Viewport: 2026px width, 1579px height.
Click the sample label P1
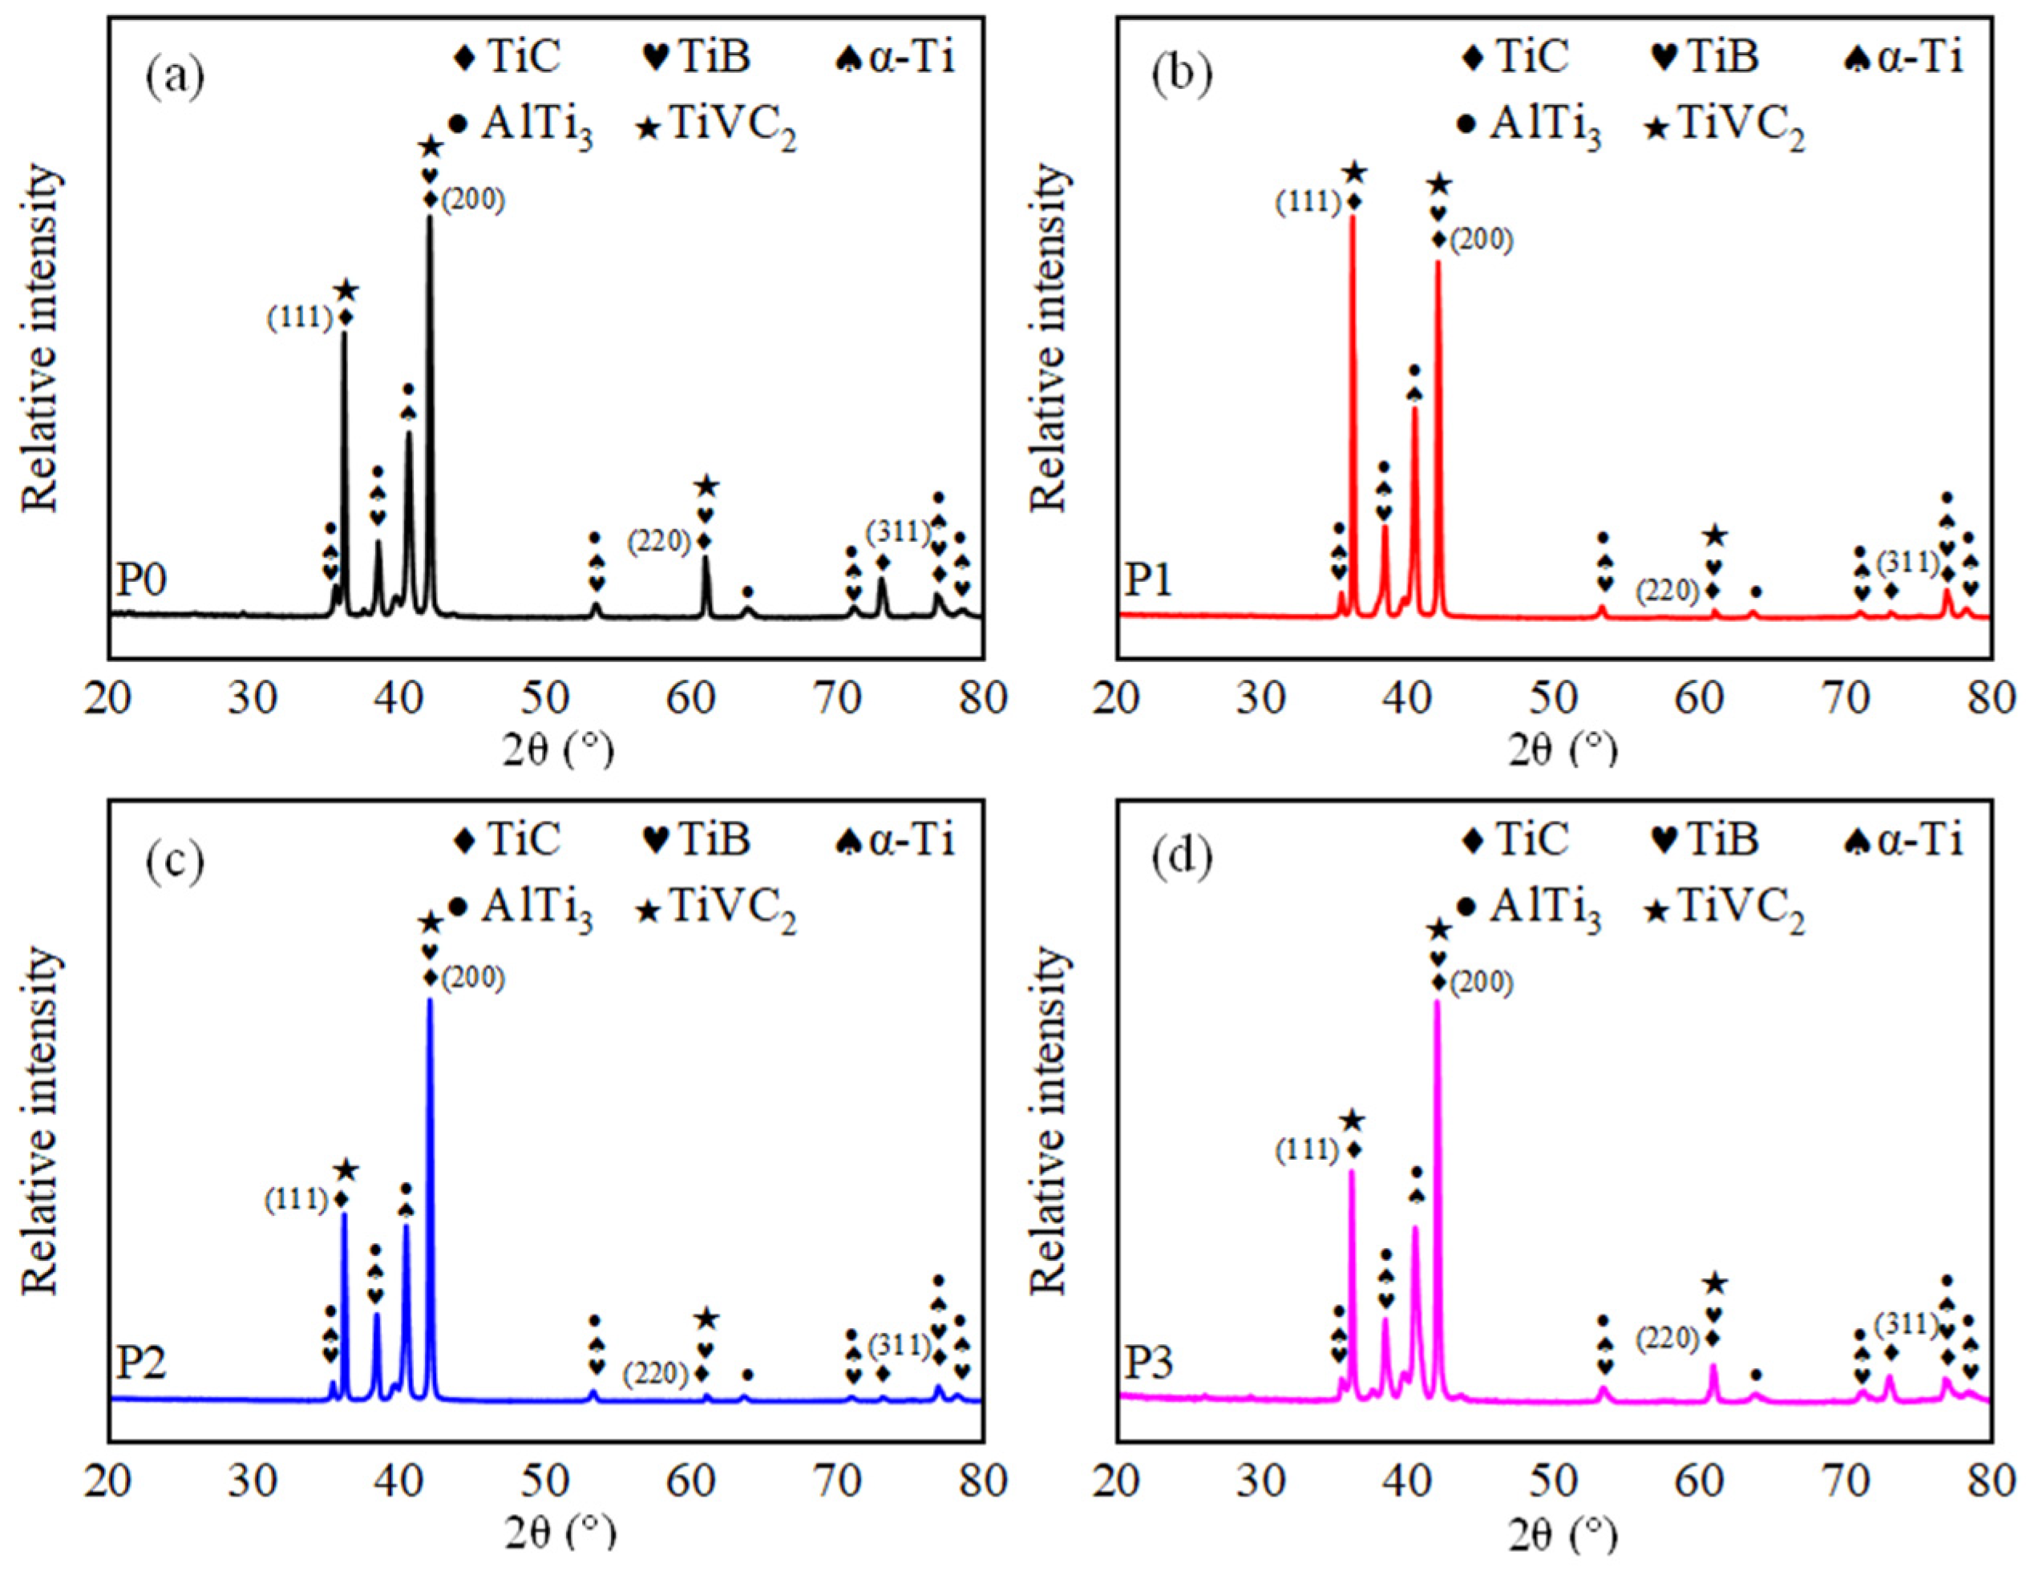point(1150,582)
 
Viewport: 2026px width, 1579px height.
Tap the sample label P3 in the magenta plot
point(1150,1365)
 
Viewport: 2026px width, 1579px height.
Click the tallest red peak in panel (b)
point(1353,219)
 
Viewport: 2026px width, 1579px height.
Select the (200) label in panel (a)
point(473,200)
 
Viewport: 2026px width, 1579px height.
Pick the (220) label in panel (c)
point(656,1373)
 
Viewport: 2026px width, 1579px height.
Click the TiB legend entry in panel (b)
point(1707,58)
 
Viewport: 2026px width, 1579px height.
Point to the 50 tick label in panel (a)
point(545,698)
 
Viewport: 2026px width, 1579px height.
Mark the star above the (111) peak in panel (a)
point(346,291)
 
